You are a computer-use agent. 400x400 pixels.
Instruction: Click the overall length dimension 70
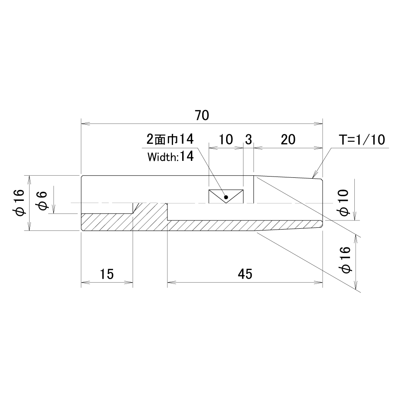202,115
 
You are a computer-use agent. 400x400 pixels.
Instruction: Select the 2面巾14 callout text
170,140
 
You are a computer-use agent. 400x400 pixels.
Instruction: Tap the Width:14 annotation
170,157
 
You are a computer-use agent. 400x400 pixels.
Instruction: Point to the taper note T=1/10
362,140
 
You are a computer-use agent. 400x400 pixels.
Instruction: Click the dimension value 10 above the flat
226,140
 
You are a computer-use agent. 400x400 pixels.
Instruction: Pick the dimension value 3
248,140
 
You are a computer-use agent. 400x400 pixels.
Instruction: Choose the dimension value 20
288,140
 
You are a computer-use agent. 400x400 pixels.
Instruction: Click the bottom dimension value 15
107,274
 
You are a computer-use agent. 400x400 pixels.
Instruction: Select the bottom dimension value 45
245,274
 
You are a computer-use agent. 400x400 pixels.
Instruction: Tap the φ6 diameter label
43,200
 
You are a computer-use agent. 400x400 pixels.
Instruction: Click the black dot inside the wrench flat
226,197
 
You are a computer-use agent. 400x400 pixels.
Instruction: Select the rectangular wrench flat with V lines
226,197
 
